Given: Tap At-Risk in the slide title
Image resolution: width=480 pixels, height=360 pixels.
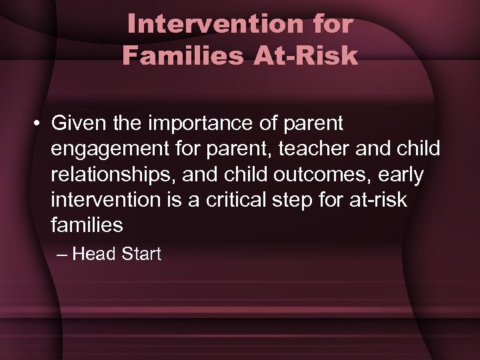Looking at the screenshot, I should click(305, 56).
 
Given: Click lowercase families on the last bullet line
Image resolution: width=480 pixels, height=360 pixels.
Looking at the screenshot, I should click(87, 225).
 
